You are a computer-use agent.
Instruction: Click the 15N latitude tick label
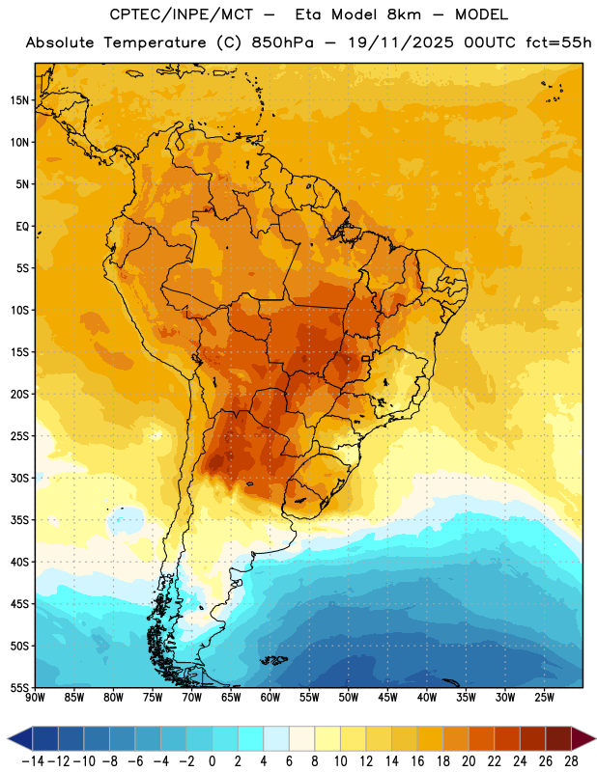(19, 100)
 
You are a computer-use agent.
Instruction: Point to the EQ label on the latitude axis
(22, 227)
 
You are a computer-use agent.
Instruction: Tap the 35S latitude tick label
(19, 520)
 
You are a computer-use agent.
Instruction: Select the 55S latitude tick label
(19, 687)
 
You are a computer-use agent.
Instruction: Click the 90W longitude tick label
(35, 698)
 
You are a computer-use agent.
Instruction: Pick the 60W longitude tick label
(270, 698)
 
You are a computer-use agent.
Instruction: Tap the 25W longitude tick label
(544, 698)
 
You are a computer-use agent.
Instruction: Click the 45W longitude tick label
(387, 698)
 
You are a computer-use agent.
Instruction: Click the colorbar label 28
(571, 761)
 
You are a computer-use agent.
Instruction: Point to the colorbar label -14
(33, 761)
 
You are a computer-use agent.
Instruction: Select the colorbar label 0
(212, 761)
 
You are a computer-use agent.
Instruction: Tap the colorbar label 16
(417, 761)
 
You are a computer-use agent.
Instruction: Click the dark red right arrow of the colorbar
(583, 738)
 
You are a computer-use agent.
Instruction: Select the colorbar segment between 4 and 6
(276, 738)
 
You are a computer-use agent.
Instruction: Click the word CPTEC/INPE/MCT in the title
(181, 14)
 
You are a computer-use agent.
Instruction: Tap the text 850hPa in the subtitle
(282, 42)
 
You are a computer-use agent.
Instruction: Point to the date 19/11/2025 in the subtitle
(401, 42)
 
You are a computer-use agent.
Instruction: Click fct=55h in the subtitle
(558, 42)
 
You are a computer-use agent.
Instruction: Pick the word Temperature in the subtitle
(155, 42)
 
